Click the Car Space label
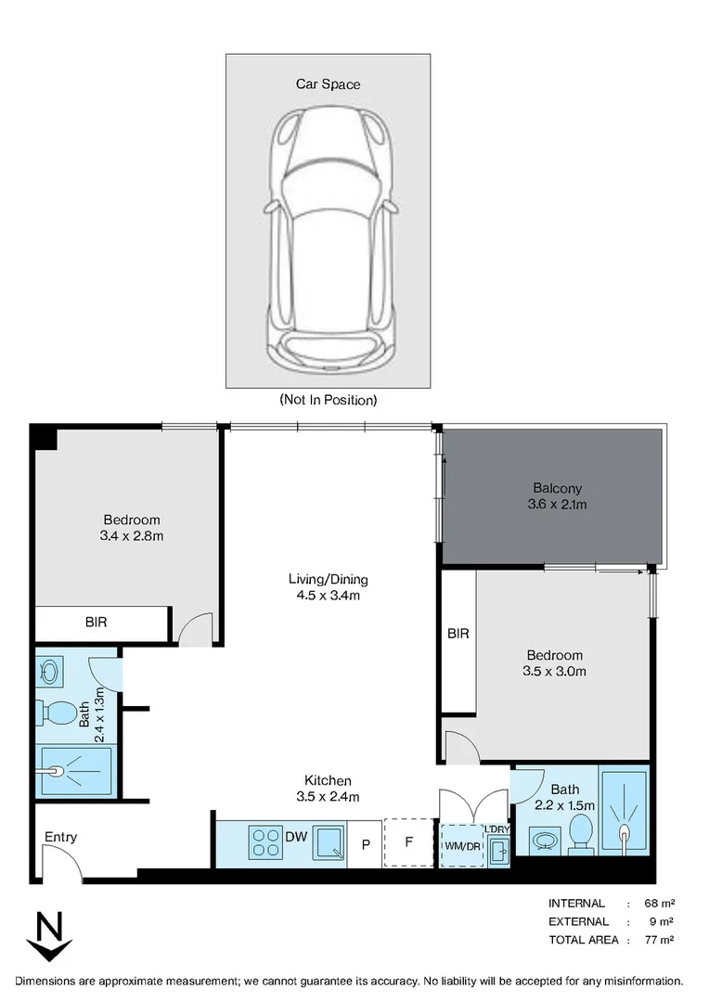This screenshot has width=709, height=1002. pyautogui.click(x=328, y=84)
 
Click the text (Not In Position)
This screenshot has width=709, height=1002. pyautogui.click(x=328, y=401)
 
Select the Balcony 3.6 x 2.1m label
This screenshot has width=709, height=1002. pyautogui.click(x=557, y=496)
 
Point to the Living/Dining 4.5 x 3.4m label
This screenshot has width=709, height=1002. pyautogui.click(x=322, y=587)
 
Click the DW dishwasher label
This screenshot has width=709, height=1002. pyautogui.click(x=296, y=838)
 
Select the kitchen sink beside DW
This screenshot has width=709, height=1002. pyautogui.click(x=328, y=842)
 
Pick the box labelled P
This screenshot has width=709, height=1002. pyautogui.click(x=366, y=844)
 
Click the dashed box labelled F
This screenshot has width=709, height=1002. pyautogui.click(x=409, y=843)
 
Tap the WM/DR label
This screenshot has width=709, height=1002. pyautogui.click(x=462, y=846)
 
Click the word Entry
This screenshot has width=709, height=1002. pyautogui.click(x=61, y=838)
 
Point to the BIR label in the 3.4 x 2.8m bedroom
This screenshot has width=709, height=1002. pyautogui.click(x=96, y=623)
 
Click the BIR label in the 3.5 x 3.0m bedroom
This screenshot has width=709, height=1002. pyautogui.click(x=458, y=635)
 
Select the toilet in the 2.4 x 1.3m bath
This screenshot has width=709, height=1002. pyautogui.click(x=58, y=714)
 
